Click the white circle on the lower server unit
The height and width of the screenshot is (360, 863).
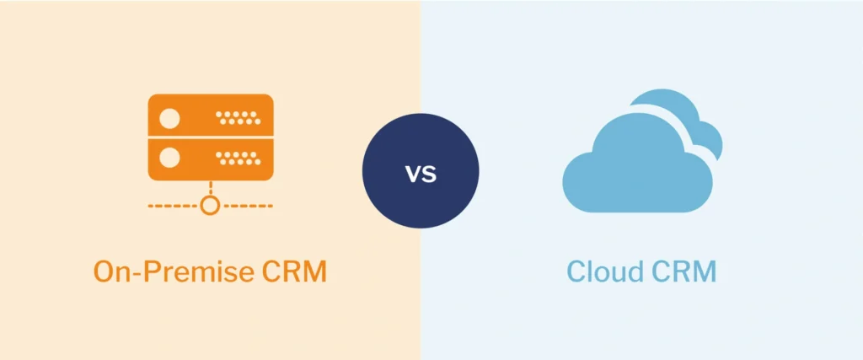tap(169, 158)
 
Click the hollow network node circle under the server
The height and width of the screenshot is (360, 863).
tap(211, 205)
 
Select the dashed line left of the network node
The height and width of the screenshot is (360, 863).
tap(173, 205)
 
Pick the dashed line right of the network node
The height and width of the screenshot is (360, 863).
tap(249, 205)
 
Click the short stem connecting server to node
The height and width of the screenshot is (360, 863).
tap(211, 189)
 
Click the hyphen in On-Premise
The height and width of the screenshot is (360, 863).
tap(148, 274)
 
